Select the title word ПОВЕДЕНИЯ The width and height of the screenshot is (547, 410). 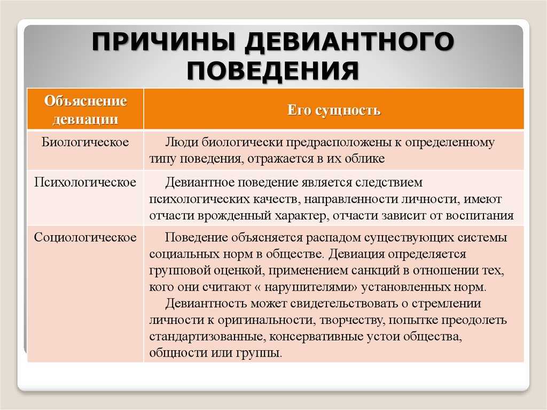(x=273, y=70)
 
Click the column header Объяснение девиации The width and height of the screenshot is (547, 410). (x=85, y=110)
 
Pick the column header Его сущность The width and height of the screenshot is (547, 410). (x=334, y=110)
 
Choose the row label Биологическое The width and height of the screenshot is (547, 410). (x=85, y=142)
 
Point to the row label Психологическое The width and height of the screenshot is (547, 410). (x=85, y=182)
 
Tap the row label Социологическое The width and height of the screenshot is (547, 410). (x=85, y=237)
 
